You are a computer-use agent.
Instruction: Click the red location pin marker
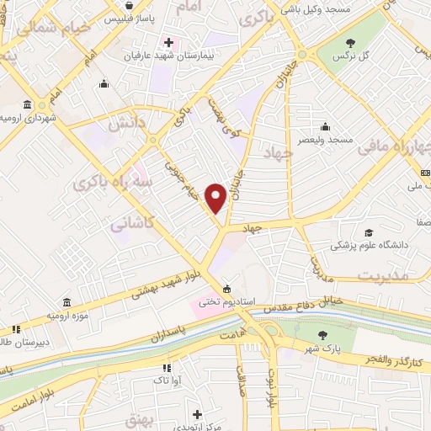[x=216, y=197]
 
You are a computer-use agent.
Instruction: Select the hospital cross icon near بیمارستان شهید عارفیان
[x=168, y=42]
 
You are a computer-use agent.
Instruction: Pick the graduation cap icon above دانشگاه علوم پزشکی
[x=367, y=232]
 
